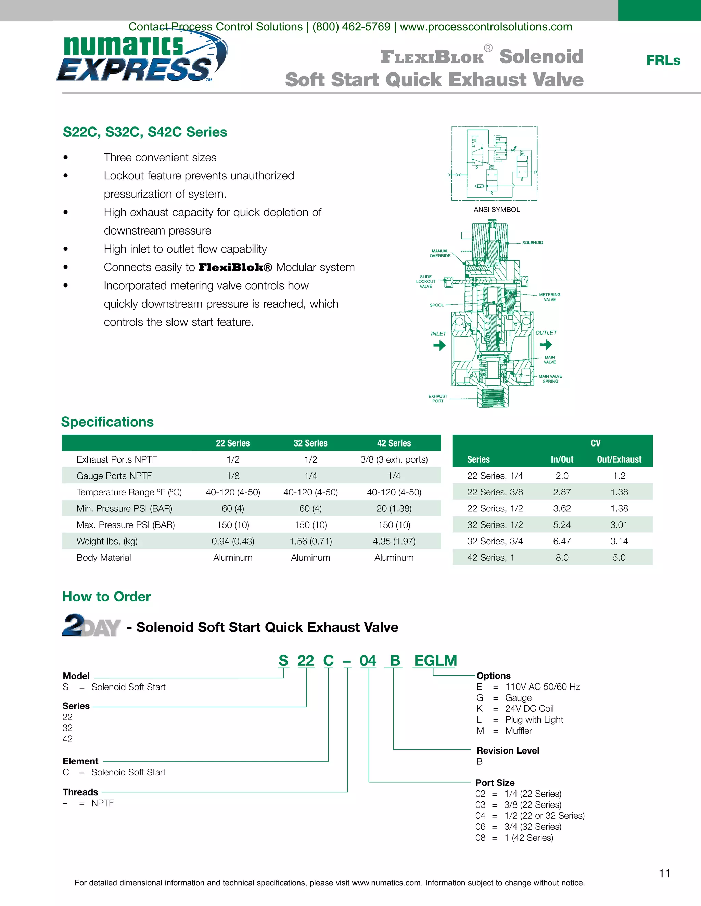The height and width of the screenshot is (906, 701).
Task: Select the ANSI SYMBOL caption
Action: point(497,210)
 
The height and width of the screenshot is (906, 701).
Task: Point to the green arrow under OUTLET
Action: point(546,344)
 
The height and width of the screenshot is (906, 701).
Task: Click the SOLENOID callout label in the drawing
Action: point(532,243)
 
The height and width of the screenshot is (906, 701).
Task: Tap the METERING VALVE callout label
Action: point(549,297)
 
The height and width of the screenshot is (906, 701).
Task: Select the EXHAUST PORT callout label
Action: point(438,399)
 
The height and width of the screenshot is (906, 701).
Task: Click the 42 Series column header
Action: point(394,443)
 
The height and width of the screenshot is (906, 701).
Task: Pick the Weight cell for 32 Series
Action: point(311,541)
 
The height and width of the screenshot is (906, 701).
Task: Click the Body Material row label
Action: point(104,558)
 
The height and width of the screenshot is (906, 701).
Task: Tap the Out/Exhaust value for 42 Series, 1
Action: point(619,558)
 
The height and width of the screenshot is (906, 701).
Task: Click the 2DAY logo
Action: point(91,626)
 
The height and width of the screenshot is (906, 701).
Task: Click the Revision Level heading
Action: point(508,750)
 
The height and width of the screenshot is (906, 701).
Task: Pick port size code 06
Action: point(481,827)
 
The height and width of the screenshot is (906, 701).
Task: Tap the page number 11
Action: point(664,874)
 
